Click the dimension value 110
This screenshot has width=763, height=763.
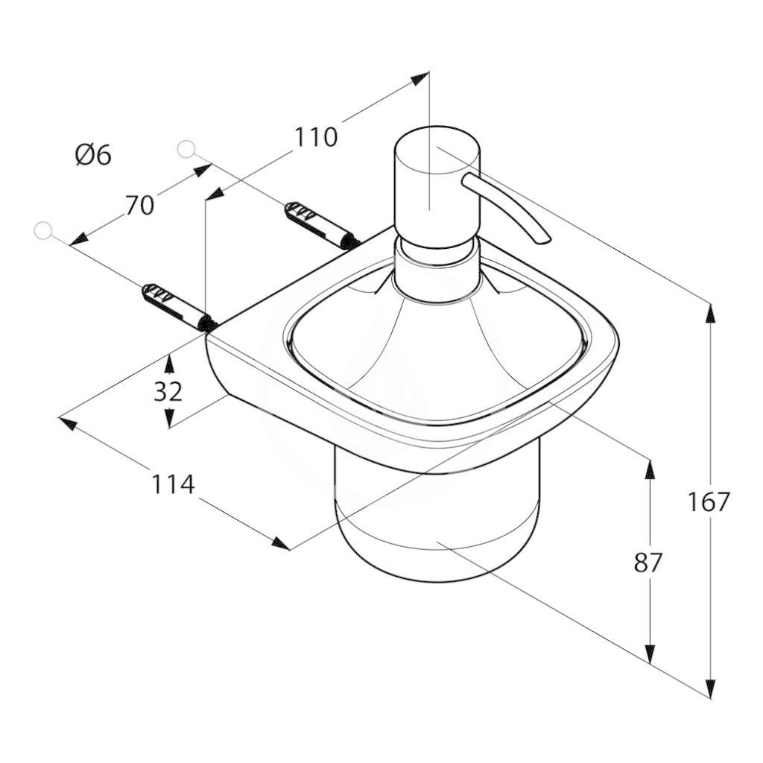point(316,137)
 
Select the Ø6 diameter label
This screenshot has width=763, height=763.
point(93,155)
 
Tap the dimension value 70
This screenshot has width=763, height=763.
point(139,205)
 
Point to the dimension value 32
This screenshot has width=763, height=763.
point(168,391)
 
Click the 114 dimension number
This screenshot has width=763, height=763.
point(173,484)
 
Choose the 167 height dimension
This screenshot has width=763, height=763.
point(709,501)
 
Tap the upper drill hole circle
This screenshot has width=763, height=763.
point(186,149)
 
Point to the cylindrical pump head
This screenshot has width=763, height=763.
point(437,184)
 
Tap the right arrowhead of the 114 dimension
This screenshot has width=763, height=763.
point(281,544)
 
